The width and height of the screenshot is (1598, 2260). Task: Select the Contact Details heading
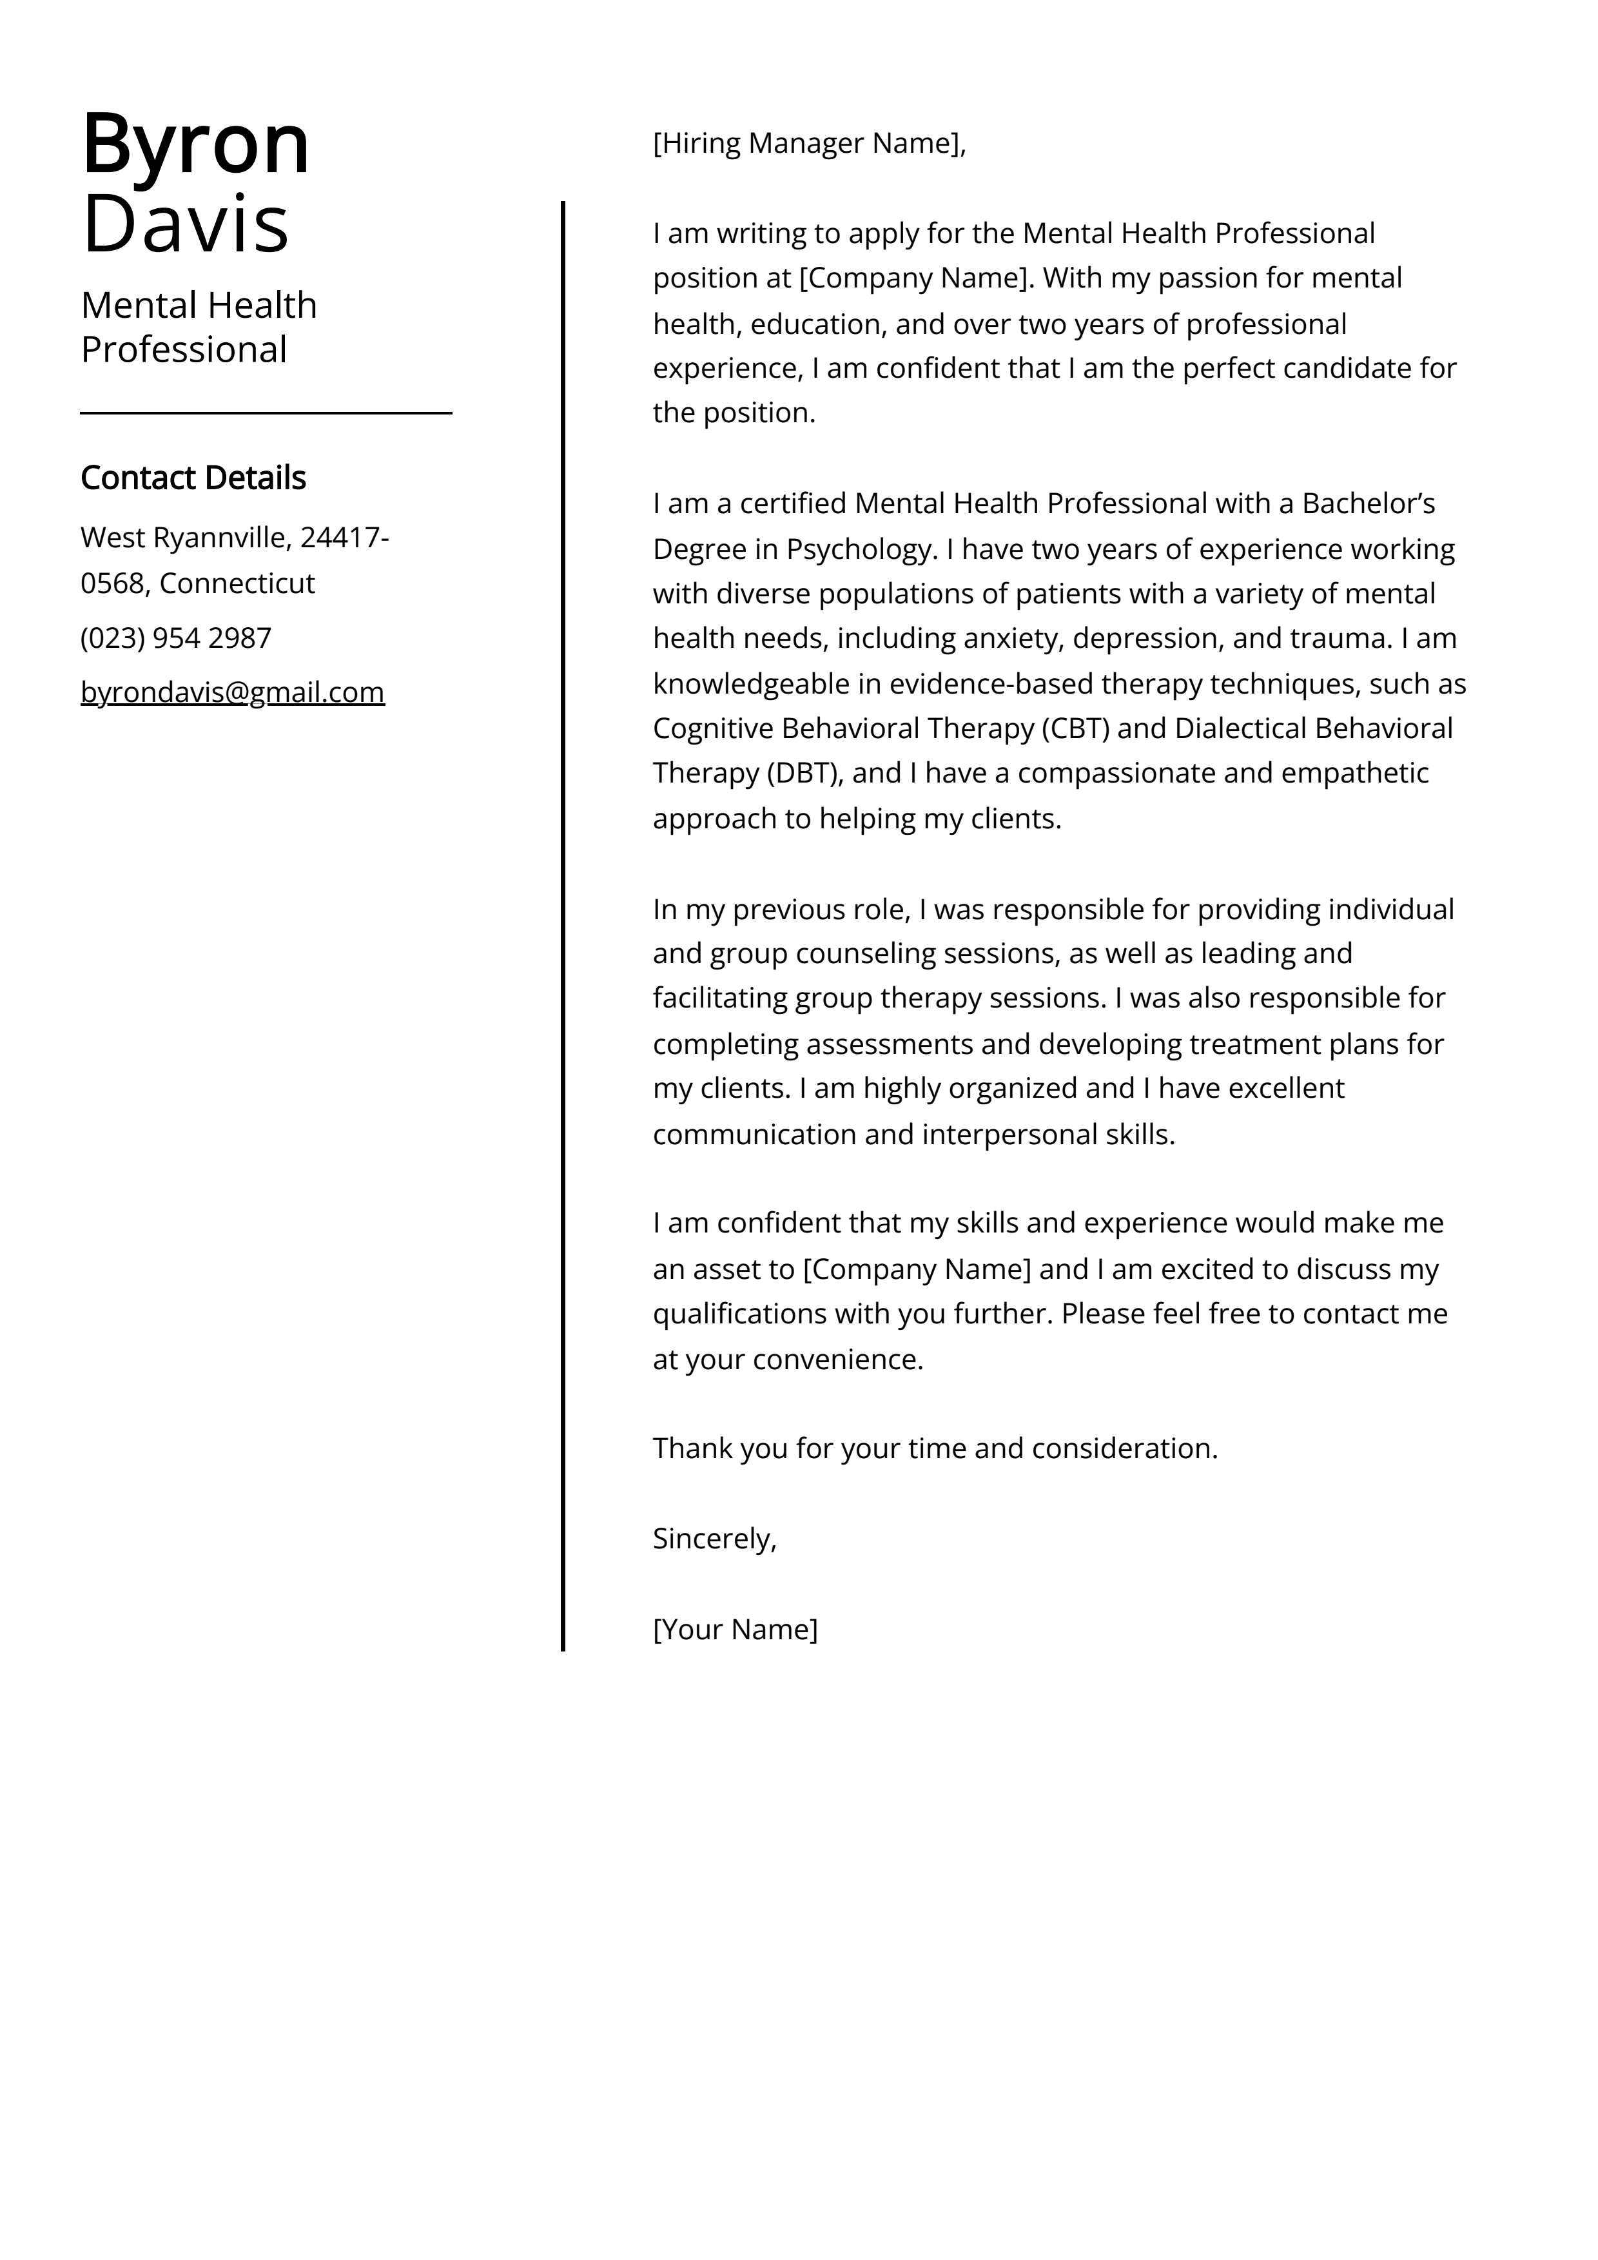click(x=193, y=478)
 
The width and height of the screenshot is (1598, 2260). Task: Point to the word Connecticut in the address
click(x=237, y=584)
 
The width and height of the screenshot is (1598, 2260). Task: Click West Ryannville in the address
click(x=183, y=538)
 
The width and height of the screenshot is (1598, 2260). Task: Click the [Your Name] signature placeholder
click(x=734, y=1629)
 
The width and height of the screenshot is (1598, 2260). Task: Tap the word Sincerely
click(x=714, y=1539)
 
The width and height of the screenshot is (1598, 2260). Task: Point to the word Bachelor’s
click(x=1368, y=504)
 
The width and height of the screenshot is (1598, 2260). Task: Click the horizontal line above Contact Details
click(x=266, y=413)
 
